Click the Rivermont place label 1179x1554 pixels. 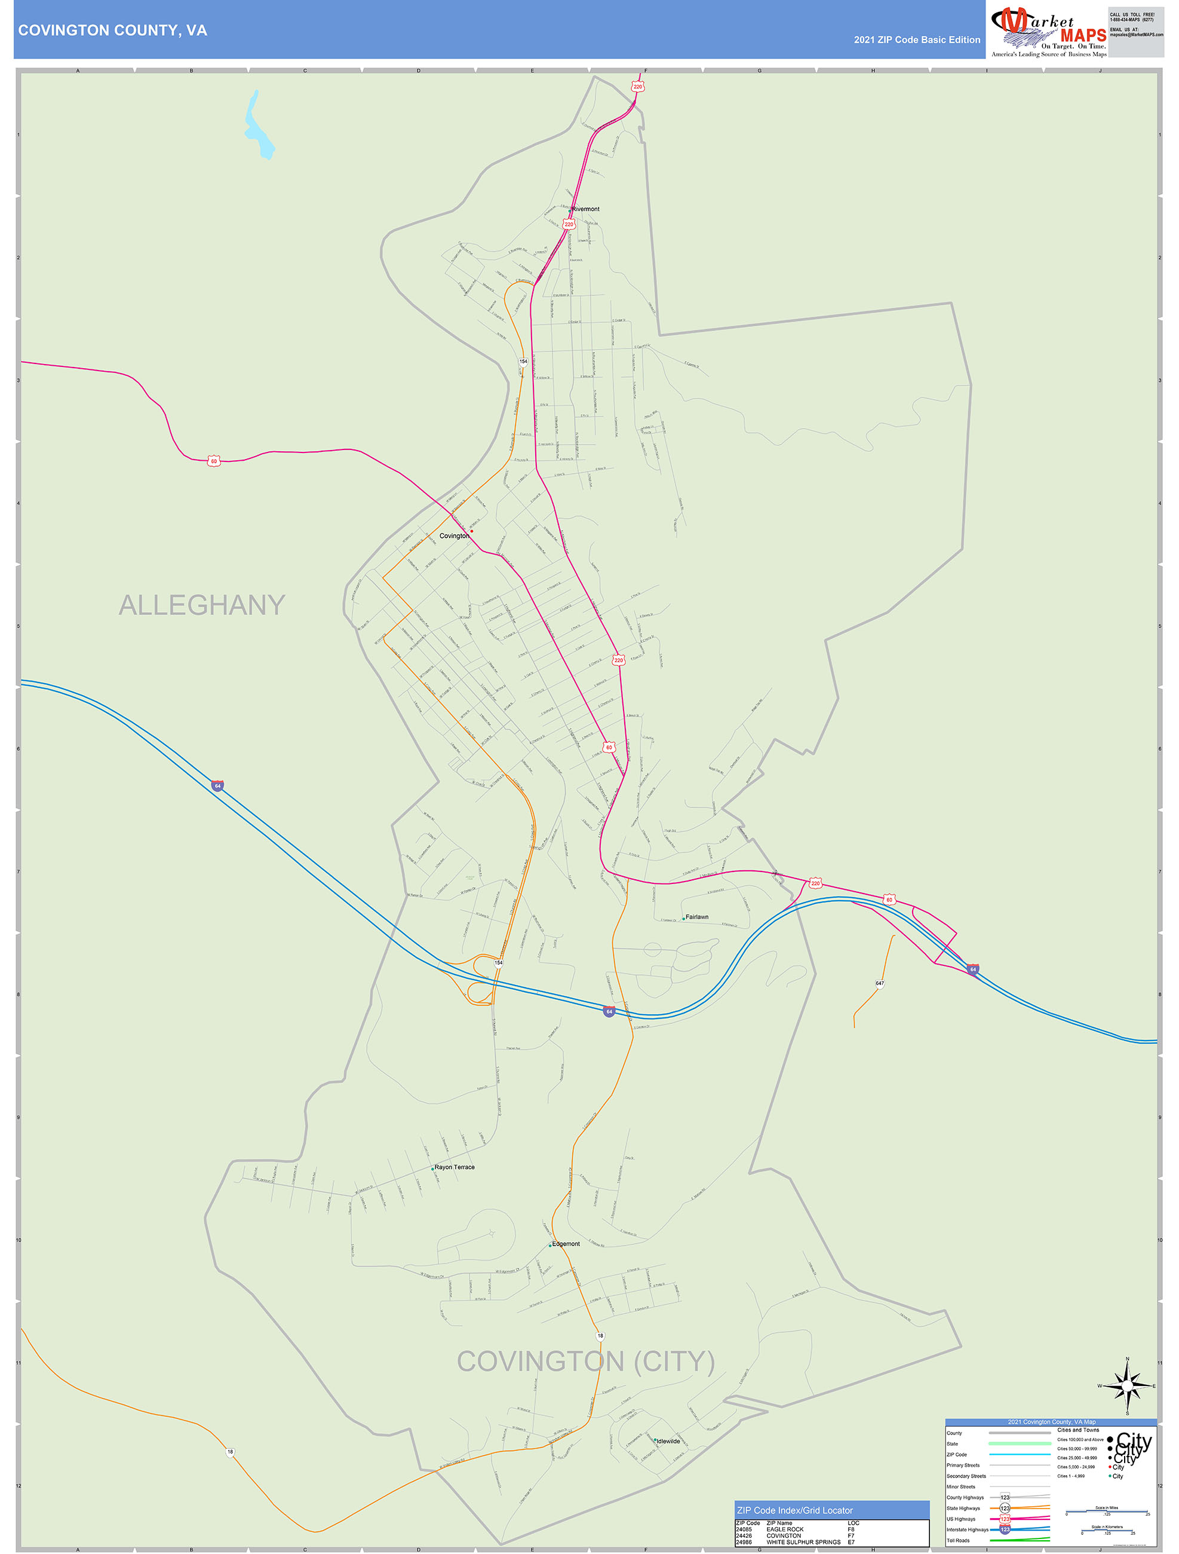(x=586, y=209)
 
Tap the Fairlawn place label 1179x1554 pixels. (x=696, y=917)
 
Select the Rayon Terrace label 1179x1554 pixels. (x=455, y=1167)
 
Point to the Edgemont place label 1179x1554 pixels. (x=566, y=1243)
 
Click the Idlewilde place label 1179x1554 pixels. (x=668, y=1441)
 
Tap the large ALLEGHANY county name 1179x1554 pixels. (x=201, y=605)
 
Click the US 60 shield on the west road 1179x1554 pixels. (x=214, y=461)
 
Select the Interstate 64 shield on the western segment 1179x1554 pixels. (x=217, y=785)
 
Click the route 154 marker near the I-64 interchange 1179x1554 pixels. (x=499, y=962)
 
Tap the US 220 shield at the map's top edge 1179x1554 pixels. (x=638, y=87)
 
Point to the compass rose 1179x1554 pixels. (x=1128, y=1386)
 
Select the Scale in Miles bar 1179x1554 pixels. (x=1107, y=1511)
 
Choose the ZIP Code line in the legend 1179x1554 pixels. (x=956, y=1454)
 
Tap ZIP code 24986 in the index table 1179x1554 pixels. (x=744, y=1542)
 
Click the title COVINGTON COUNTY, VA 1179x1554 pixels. (x=112, y=30)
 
